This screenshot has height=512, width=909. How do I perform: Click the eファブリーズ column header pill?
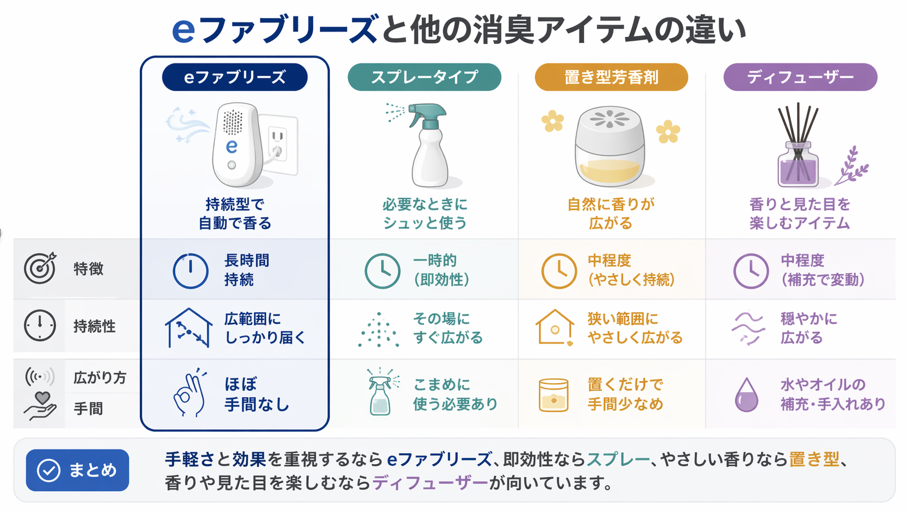tap(234, 77)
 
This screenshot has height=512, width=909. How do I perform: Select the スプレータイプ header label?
tap(424, 77)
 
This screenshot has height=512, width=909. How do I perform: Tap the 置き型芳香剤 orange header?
tap(611, 77)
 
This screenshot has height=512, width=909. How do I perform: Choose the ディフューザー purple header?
tap(800, 77)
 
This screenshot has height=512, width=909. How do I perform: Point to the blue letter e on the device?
tap(232, 146)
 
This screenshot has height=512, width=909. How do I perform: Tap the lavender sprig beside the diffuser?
tap(852, 166)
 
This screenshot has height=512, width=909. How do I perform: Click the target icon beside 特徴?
tap(40, 268)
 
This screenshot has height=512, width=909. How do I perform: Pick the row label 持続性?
tap(95, 326)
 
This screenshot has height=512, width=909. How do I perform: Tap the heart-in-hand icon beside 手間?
tap(40, 406)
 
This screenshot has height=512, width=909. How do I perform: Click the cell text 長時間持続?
tap(246, 270)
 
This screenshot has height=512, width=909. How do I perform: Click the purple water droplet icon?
tap(746, 394)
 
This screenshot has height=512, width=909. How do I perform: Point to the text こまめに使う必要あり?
tap(454, 394)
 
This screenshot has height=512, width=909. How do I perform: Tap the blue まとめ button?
tap(77, 470)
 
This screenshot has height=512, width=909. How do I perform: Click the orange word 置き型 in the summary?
tap(814, 459)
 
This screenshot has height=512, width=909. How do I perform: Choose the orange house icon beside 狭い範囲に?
tap(555, 327)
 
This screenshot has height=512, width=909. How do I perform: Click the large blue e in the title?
tap(183, 29)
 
